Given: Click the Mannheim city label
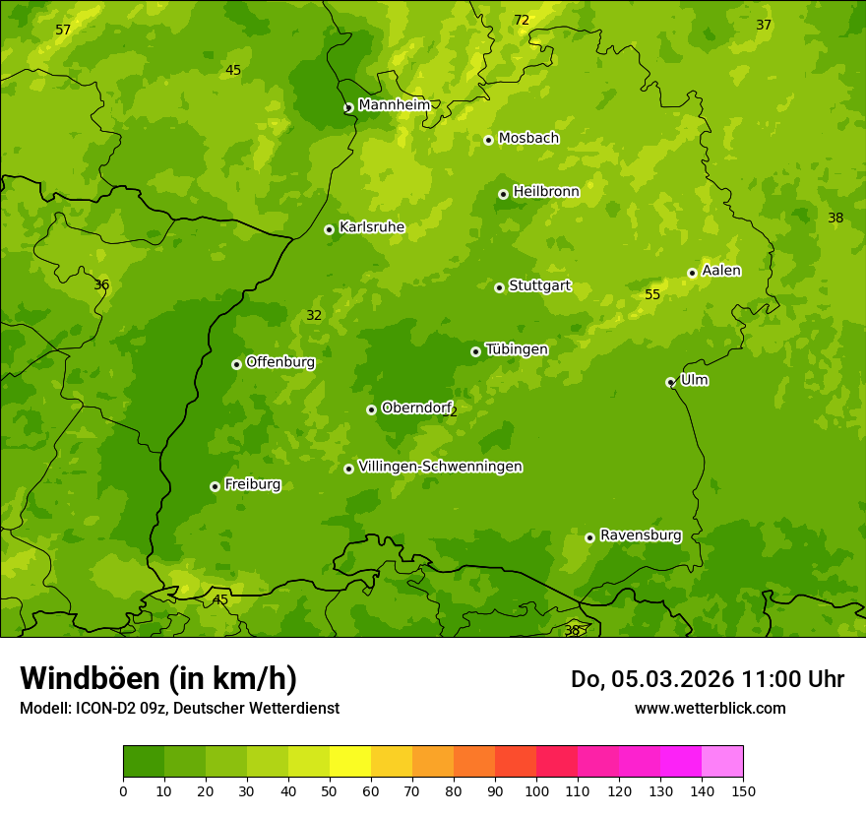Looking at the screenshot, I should pos(394,105).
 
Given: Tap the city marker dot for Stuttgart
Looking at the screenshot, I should pos(499,287).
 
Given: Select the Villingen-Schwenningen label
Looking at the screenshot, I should pos(440,467).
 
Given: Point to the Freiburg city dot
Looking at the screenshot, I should pos(215,486).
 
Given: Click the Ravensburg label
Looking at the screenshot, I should pos(641,535).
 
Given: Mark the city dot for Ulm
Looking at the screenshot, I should pos(670,382).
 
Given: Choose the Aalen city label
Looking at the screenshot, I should pos(721,271).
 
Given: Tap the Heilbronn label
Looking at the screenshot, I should pos(546,192).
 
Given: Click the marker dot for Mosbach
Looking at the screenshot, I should pos(488,140).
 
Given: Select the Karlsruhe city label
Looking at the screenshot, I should pos(372,227).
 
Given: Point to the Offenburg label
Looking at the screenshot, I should pos(280,362).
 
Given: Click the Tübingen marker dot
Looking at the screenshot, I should pos(475,351).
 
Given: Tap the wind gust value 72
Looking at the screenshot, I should pos(522,21).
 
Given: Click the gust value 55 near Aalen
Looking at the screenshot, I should pos(652,295).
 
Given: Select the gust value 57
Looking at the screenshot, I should pos(63,31).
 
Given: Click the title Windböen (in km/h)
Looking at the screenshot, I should pos(158,678).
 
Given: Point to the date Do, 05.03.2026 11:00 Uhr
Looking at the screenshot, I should pos(708,679).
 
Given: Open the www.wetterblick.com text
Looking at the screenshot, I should pos(710,708).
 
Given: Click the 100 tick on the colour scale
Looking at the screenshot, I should pos(536,790).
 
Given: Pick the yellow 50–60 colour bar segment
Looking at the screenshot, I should pos(350,761).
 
